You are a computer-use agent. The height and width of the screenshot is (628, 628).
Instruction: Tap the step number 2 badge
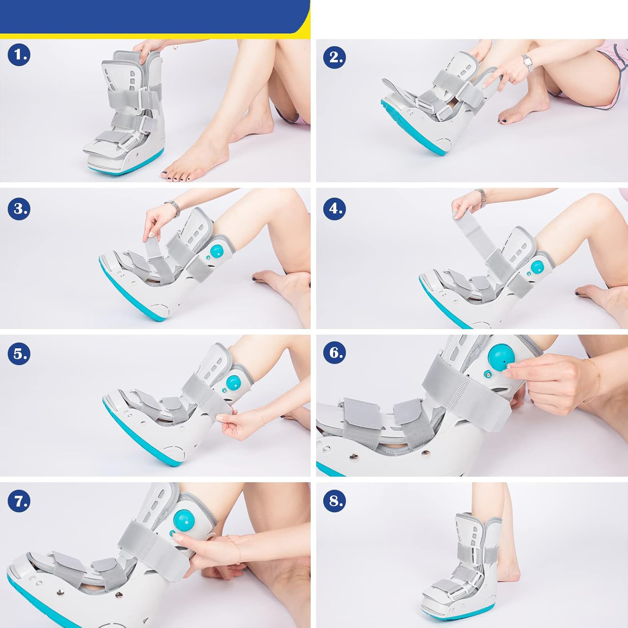point(335,57)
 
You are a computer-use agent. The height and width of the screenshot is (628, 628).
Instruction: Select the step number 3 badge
point(19,208)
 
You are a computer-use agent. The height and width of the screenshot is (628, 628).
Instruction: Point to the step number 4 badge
point(335,208)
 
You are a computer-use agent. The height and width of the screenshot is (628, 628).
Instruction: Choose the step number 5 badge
point(19,354)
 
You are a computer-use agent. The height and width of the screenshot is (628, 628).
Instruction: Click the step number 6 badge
point(335,352)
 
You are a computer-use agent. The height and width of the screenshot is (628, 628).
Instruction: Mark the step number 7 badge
point(19,501)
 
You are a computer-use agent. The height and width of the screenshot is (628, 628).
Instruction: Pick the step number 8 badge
point(335,501)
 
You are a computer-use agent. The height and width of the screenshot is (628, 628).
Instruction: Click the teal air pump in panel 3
point(216,252)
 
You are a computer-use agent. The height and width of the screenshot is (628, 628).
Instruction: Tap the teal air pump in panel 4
point(537,267)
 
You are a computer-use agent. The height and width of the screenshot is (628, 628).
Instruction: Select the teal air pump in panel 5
point(232,382)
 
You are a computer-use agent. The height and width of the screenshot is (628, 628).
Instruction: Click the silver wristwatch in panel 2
point(528,63)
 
